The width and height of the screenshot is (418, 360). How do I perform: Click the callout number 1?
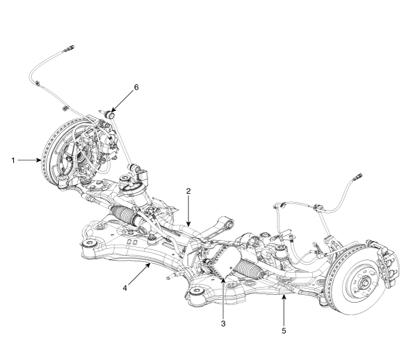(x=11, y=160)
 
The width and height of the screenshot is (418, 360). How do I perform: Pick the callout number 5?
(x=284, y=328)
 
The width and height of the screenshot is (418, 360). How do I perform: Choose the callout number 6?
(x=136, y=87)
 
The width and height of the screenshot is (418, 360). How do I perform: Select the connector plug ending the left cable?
(x=69, y=46)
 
